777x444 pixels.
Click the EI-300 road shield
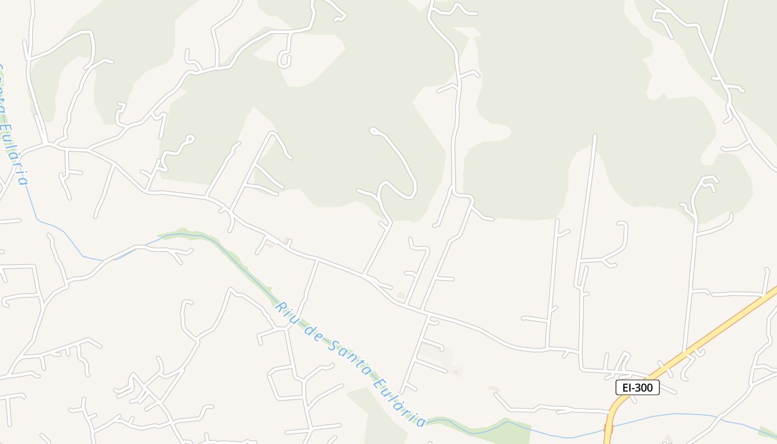point(637,387)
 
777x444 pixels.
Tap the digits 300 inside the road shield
point(643,387)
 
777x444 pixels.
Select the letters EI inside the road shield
point(627,387)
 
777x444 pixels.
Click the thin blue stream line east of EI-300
point(688,414)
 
